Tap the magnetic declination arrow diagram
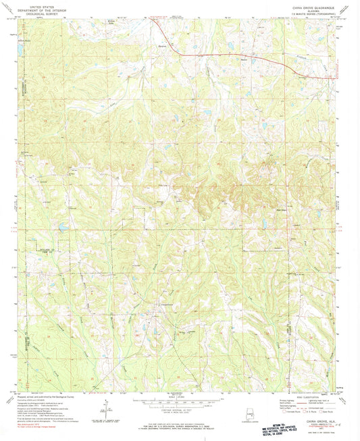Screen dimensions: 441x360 click(x=106, y=405)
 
